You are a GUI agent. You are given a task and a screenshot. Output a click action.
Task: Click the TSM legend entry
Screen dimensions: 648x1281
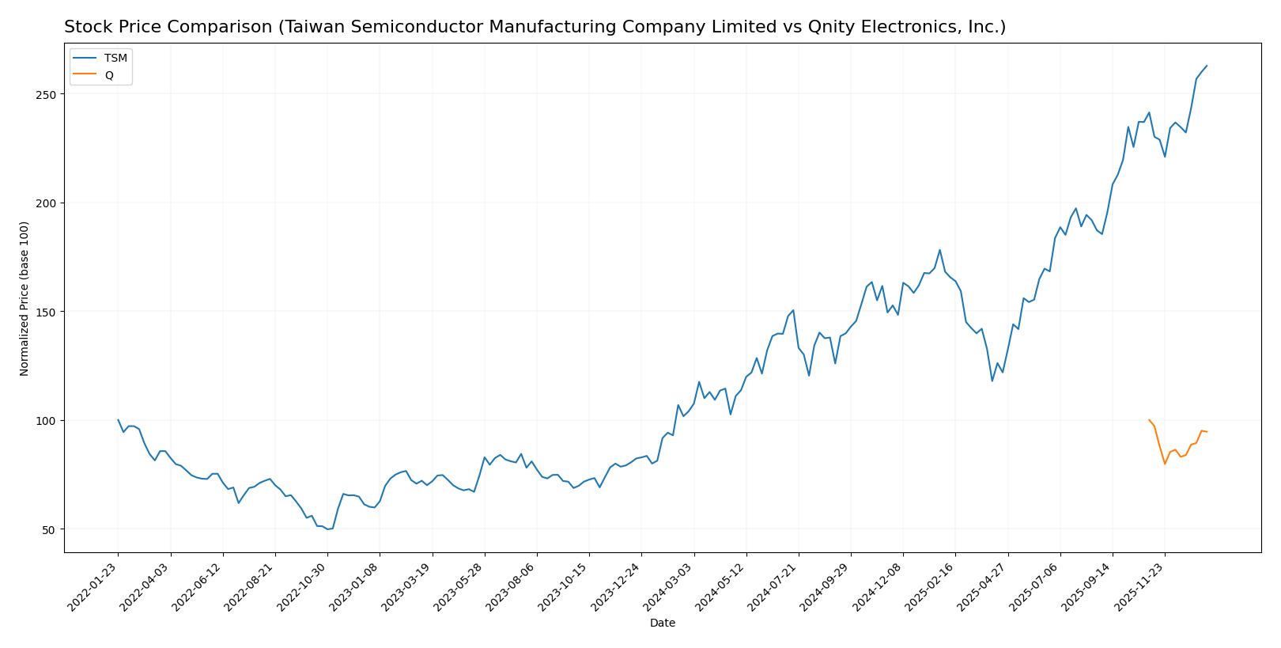click(x=115, y=59)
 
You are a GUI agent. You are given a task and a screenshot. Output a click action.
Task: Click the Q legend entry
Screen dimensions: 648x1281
click(x=109, y=75)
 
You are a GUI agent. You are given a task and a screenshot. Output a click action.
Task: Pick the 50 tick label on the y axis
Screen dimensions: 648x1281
click(x=49, y=529)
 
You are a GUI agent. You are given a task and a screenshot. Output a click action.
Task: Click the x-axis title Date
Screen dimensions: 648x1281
click(x=662, y=623)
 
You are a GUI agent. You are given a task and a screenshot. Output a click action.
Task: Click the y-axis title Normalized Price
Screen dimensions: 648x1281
click(x=25, y=298)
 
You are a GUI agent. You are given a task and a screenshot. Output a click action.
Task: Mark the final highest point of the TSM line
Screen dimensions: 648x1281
click(x=1207, y=66)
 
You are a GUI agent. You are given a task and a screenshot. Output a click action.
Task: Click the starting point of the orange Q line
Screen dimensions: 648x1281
click(x=1149, y=420)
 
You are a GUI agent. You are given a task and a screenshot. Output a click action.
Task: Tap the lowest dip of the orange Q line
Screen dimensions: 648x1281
click(x=1165, y=464)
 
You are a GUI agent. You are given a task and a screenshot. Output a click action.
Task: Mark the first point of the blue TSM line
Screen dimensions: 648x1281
click(x=118, y=420)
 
